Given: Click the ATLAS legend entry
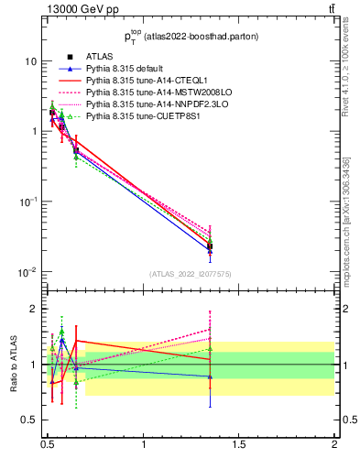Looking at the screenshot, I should pos(101,57).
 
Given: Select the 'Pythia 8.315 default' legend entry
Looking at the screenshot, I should pos(129,69).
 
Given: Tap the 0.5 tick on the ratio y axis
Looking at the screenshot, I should pos(29,420).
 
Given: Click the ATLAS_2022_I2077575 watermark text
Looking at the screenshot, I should pos(190,273).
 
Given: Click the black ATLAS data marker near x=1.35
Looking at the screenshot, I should pos(211,245).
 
